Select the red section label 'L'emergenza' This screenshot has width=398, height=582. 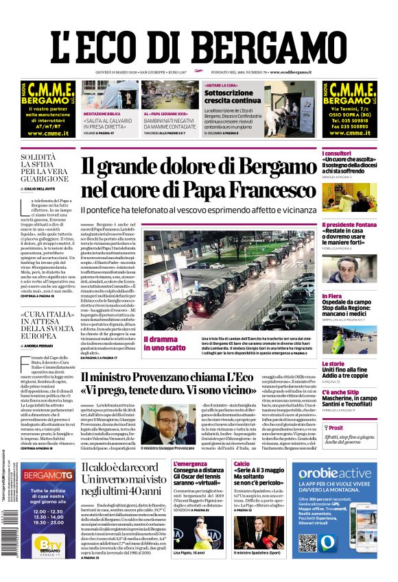(x=189, y=464)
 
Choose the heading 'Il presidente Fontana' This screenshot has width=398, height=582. (x=347, y=226)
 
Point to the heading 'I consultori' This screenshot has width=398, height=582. (x=338, y=152)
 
